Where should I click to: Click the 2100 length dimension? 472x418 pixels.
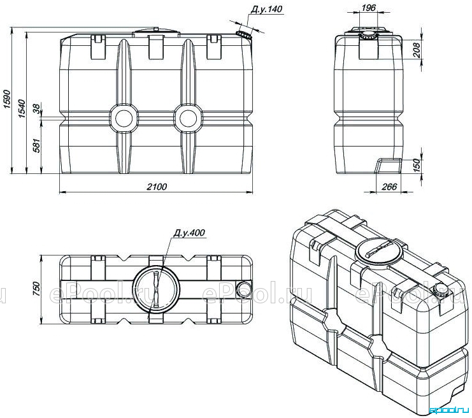[157, 187]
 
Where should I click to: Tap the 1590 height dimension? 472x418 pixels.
[7, 99]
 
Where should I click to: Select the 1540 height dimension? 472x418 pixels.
[22, 108]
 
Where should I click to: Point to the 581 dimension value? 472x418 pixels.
[36, 145]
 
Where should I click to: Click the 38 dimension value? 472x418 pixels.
[36, 109]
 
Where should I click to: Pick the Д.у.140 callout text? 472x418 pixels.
[267, 9]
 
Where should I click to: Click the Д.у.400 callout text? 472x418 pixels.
[189, 233]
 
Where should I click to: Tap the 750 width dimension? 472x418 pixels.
[36, 289]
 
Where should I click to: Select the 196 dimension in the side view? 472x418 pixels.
[368, 7]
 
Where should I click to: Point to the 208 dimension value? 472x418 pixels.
[417, 50]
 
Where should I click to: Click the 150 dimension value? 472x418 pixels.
[417, 165]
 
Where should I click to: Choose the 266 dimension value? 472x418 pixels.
[389, 187]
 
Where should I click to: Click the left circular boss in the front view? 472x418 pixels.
[124, 119]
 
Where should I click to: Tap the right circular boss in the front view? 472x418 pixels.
[188, 119]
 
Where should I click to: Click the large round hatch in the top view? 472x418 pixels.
[156, 289]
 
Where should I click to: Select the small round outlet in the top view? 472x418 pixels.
[243, 289]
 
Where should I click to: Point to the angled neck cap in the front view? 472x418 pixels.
[243, 34]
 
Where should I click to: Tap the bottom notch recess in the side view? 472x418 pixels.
[389, 165]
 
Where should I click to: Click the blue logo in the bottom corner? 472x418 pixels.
[449, 410]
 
